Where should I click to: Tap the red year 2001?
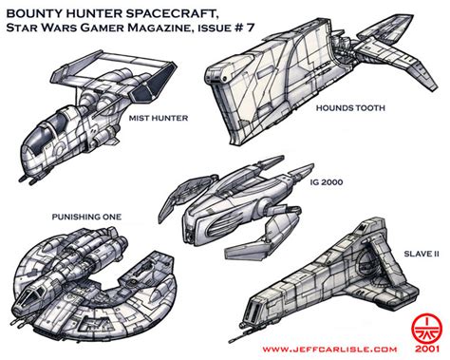[426, 349]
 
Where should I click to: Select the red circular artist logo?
[425, 326]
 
